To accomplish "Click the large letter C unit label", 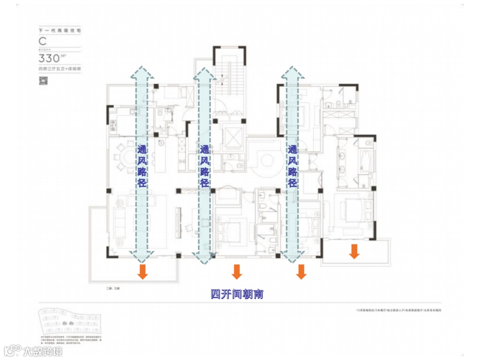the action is (43, 41).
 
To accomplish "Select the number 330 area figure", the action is (49, 58).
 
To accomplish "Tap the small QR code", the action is (44, 80).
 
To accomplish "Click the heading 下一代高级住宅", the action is (60, 30).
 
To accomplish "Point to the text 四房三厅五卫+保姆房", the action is (60, 69).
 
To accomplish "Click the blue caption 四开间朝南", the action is (237, 294).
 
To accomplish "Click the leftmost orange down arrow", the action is (142, 272).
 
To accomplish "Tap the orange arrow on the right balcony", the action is (354, 251).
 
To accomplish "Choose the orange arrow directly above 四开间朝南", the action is (236, 272).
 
